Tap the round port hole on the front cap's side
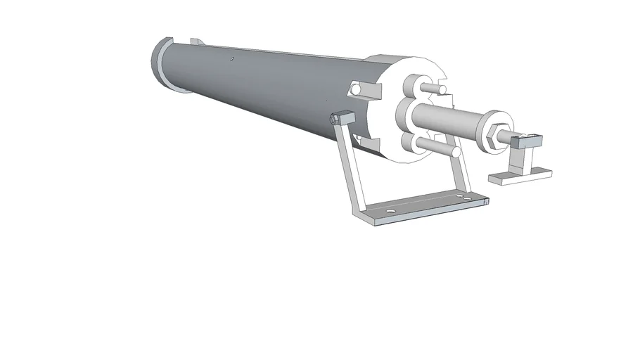[357, 91]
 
